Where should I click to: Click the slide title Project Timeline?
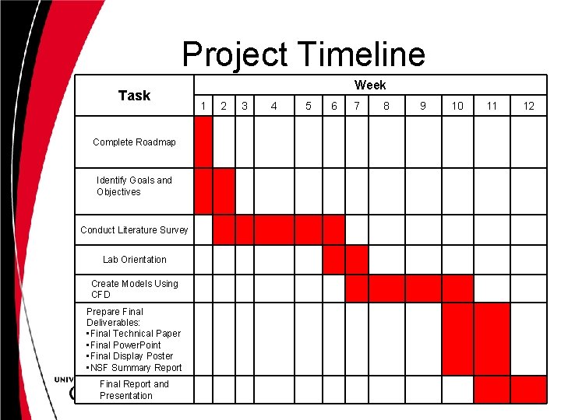tap(304, 54)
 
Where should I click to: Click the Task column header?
tap(134, 96)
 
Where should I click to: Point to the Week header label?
tap(370, 85)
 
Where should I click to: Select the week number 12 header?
tap(529, 106)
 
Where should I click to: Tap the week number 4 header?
tap(273, 106)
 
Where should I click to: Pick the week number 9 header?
tap(423, 106)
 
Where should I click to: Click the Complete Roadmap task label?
tap(134, 142)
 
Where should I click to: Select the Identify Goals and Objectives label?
tap(134, 186)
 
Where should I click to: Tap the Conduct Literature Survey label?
tap(134, 229)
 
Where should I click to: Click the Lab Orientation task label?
tap(134, 260)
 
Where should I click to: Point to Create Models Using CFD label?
tap(134, 289)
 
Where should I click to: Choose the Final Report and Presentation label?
tap(134, 390)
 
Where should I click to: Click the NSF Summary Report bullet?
tap(134, 368)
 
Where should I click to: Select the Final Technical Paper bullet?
tap(134, 334)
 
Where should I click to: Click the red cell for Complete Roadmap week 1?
tap(203, 142)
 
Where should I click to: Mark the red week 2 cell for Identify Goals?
tap(224, 191)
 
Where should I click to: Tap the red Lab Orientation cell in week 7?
tap(357, 260)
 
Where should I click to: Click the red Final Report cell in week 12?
tap(529, 389)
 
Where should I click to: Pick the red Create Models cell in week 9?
tap(423, 289)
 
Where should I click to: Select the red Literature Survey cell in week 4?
tap(273, 229)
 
